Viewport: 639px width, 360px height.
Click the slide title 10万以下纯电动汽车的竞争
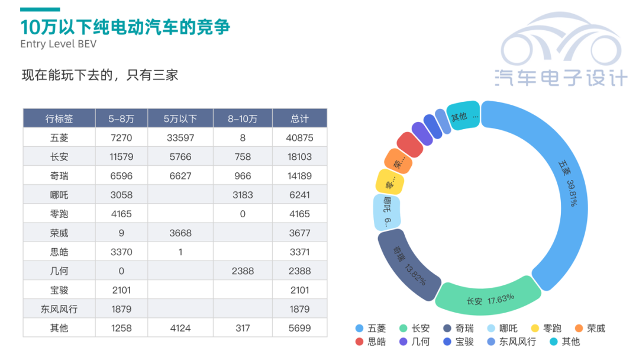pyautogui.click(x=125, y=27)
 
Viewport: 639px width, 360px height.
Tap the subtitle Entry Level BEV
pyautogui.click(x=58, y=44)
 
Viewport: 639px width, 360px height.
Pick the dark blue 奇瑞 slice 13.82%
pyautogui.click(x=408, y=265)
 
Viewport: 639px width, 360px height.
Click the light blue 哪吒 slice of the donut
pyautogui.click(x=387, y=212)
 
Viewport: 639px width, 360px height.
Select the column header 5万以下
pyautogui.click(x=180, y=118)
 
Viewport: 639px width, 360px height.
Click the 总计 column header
pyautogui.click(x=299, y=118)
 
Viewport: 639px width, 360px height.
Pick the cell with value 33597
pyautogui.click(x=180, y=138)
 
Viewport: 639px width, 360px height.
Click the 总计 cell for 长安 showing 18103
pyautogui.click(x=299, y=157)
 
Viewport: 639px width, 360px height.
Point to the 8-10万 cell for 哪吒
pyautogui.click(x=243, y=195)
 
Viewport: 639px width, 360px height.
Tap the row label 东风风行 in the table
pyautogui.click(x=59, y=309)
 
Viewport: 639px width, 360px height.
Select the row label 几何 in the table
pyautogui.click(x=59, y=271)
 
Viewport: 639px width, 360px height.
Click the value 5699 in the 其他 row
pyautogui.click(x=299, y=328)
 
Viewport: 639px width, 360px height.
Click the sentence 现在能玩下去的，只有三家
pyautogui.click(x=100, y=76)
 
